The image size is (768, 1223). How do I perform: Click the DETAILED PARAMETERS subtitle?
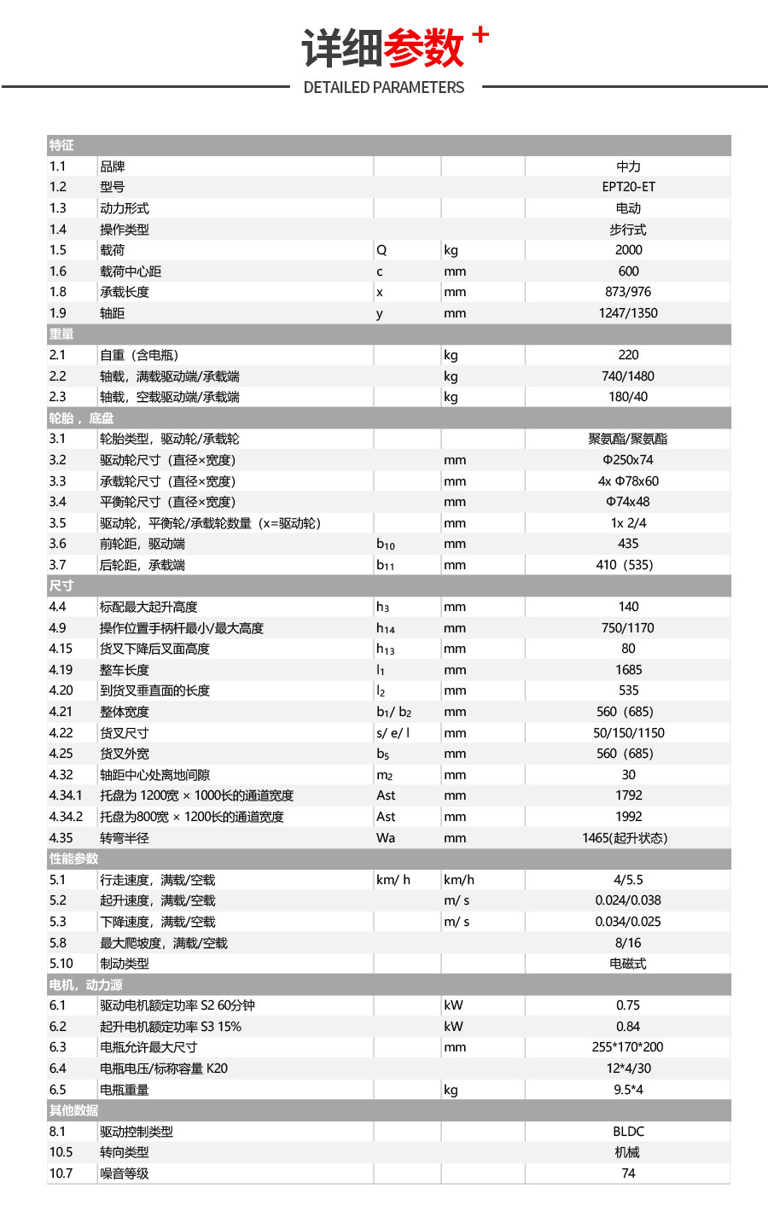coord(384,87)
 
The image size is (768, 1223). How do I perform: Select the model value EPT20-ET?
coord(628,187)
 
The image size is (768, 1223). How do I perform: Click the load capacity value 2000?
coord(628,250)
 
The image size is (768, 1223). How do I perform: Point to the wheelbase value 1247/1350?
coord(628,313)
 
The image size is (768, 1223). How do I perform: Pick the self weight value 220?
coord(628,355)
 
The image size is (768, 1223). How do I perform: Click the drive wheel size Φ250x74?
coord(628,460)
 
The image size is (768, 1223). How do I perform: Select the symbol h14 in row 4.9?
coord(386,628)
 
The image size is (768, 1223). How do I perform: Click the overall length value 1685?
coord(628,670)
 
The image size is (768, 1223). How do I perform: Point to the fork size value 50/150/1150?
coord(628,733)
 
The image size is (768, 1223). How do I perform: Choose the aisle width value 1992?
coord(628,817)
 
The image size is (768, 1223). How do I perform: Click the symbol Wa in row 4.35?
coord(386,838)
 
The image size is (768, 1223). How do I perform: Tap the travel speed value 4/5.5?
coord(628,880)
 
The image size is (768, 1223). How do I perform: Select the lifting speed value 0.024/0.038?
coord(628,900)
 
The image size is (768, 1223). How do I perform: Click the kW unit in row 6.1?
coord(453,1005)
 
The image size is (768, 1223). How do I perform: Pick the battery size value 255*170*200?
coord(628,1047)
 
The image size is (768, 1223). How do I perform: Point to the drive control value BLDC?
coord(628,1132)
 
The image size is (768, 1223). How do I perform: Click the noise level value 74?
coord(628,1173)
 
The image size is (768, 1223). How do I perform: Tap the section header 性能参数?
coord(73,859)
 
